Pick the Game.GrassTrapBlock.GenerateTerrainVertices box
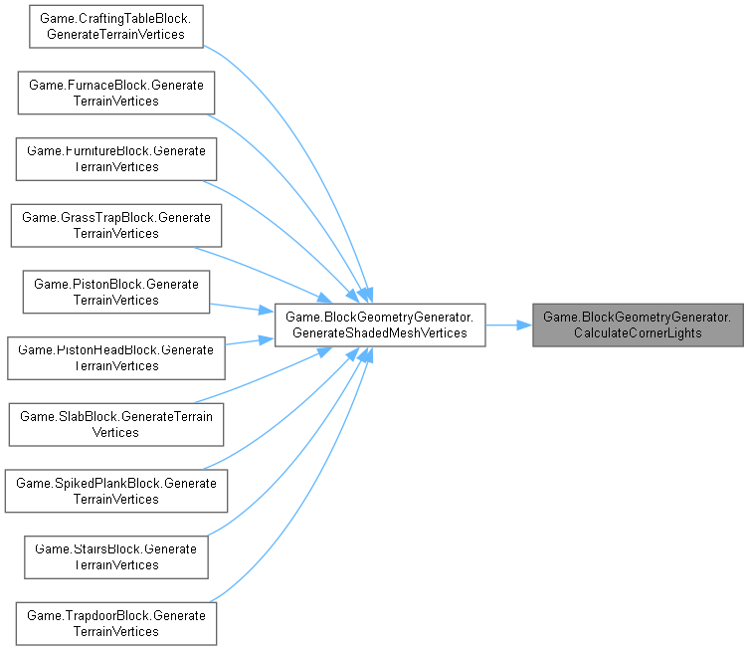click(116, 225)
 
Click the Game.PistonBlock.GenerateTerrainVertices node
click(116, 292)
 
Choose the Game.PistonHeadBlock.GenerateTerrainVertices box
click(116, 357)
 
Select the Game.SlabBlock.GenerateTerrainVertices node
click(116, 424)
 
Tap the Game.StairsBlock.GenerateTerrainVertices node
click(116, 556)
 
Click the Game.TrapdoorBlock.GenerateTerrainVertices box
click(116, 623)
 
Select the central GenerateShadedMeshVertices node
click(379, 325)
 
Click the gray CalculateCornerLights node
click(638, 325)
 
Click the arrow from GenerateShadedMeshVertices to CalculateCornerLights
click(508, 325)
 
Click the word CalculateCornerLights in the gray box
click(638, 332)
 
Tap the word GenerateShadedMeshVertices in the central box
click(379, 332)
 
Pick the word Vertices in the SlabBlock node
click(116, 433)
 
